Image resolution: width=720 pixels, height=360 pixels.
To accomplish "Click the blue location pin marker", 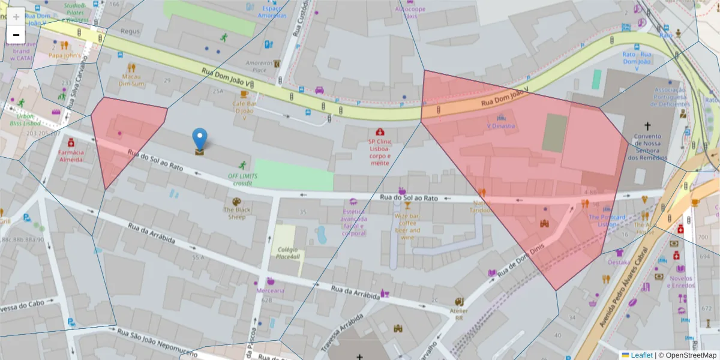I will (200, 139).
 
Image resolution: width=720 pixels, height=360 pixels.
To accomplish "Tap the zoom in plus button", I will (16, 16).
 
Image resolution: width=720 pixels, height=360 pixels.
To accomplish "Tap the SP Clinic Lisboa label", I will (380, 149).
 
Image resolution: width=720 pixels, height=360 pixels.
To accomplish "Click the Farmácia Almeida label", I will (71, 155).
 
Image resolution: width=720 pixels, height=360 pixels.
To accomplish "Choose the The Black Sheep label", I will (237, 213).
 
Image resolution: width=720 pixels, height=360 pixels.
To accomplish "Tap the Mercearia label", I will (270, 290).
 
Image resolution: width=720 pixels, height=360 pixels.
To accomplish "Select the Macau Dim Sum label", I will (132, 80).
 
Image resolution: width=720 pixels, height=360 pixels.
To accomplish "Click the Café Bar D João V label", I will (244, 110).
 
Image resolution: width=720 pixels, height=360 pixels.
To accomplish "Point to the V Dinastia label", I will (500, 126).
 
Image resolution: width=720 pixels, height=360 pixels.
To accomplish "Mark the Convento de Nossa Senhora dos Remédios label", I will (647, 146).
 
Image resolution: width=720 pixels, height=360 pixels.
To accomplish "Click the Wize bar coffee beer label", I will (407, 226).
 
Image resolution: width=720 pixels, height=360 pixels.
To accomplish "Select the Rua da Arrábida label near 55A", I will (151, 234).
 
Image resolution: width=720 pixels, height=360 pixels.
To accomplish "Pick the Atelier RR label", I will (459, 314).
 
